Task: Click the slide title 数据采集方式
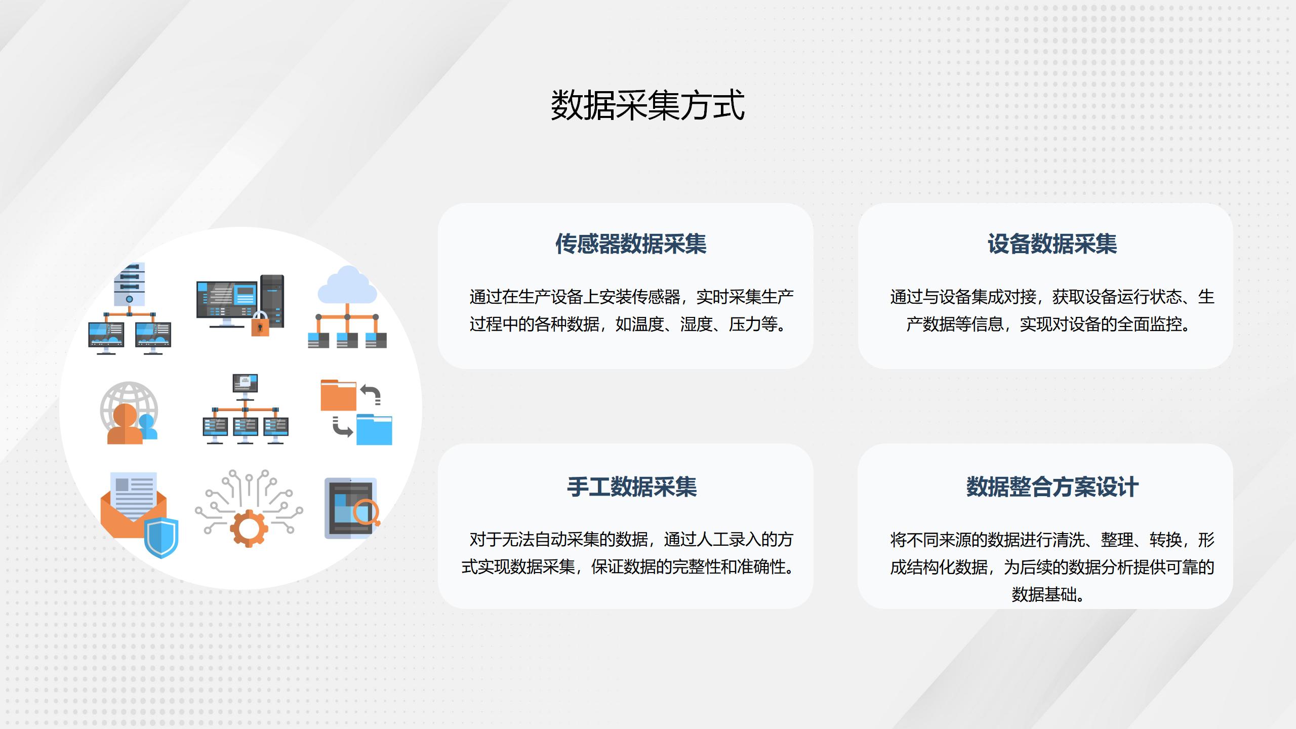pyautogui.click(x=647, y=105)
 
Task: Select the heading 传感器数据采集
pyautogui.click(x=631, y=244)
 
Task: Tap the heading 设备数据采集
pyautogui.click(x=1052, y=244)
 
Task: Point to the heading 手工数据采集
pyautogui.click(x=632, y=487)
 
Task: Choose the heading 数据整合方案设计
pyautogui.click(x=1052, y=487)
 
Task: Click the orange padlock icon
pyautogui.click(x=260, y=323)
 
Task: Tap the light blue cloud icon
pyautogui.click(x=347, y=285)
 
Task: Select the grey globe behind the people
pyautogui.click(x=129, y=405)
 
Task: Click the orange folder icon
pyautogui.click(x=338, y=395)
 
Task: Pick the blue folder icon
pyautogui.click(x=374, y=429)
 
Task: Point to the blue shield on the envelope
pyautogui.click(x=161, y=538)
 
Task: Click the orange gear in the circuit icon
pyautogui.click(x=249, y=529)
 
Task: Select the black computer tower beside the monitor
pyautogui.click(x=272, y=301)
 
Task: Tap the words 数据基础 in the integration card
pyautogui.click(x=1044, y=594)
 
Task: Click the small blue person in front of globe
pyautogui.click(x=148, y=426)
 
